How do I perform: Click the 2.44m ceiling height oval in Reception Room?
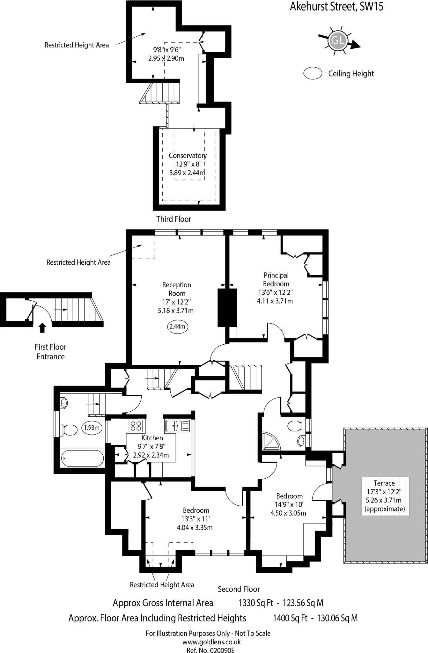[177, 326]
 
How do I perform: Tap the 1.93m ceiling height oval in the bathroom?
[92, 428]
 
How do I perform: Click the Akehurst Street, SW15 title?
[336, 7]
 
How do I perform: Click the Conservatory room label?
[188, 156]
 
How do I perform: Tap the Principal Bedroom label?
[276, 279]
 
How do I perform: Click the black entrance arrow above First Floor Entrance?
[42, 328]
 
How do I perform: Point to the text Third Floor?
[173, 219]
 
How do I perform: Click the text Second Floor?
[239, 589]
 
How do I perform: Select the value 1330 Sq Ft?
[256, 603]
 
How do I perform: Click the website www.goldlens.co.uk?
[211, 642]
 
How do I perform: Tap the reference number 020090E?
[222, 650]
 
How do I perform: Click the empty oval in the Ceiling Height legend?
[313, 73]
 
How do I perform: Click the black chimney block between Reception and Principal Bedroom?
[227, 307]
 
